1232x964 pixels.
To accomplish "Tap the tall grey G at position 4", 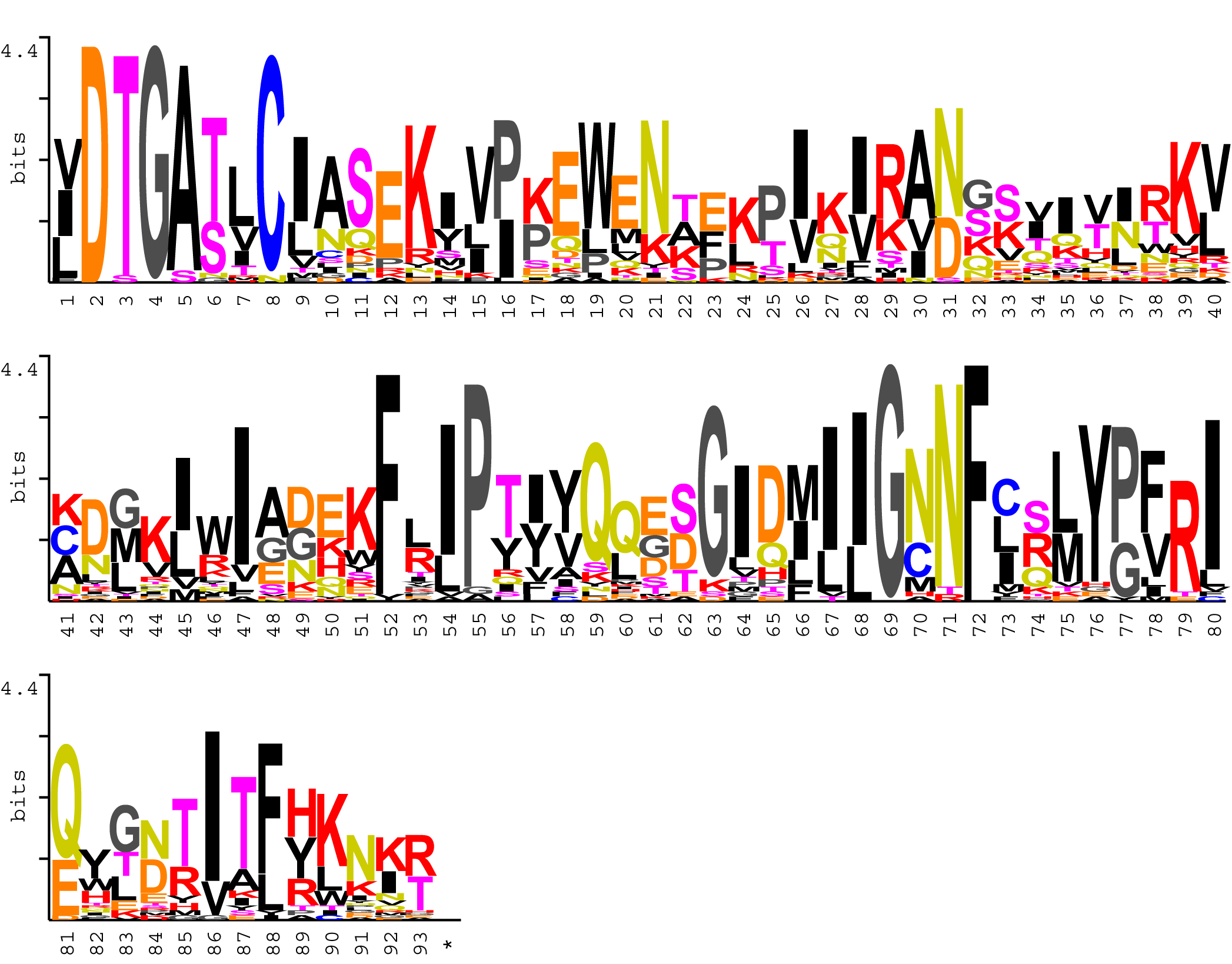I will click(x=154, y=162).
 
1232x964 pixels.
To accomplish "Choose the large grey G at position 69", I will click(x=890, y=480).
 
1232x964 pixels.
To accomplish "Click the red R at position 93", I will click(x=420, y=856).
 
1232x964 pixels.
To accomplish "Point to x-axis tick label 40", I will click(x=1214, y=305).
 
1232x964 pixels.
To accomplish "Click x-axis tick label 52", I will click(x=391, y=624).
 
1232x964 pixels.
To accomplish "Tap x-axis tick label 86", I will click(x=214, y=943).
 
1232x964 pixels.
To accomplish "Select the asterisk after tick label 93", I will click(x=448, y=945).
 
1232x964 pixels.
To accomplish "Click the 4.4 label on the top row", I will click(x=19, y=51).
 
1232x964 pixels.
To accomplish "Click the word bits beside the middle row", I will click(x=18, y=477).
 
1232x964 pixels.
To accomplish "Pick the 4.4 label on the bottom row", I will click(x=19, y=688).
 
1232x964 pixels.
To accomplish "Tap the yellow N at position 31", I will click(x=948, y=162).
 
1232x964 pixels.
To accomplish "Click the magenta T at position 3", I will click(x=125, y=165).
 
